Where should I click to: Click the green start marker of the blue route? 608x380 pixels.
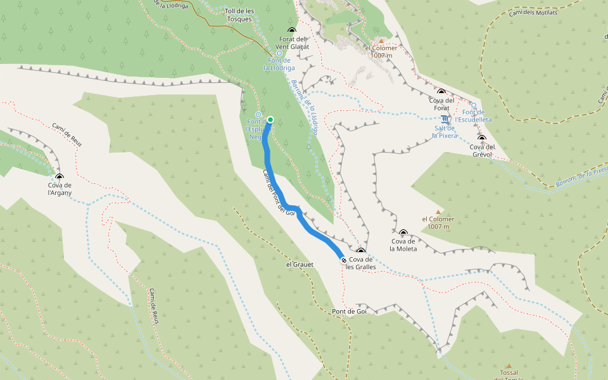pos(270,120)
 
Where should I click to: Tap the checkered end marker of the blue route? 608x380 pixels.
pos(343,260)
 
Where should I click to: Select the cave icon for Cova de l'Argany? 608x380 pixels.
pos(60,177)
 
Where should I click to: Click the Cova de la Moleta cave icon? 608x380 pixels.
pos(403,233)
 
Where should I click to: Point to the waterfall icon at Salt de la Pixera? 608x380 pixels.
pos(446,119)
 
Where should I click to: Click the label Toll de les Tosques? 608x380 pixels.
pos(239,15)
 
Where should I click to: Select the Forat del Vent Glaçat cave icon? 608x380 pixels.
pos(292,30)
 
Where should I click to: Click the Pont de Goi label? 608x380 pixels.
pos(349,312)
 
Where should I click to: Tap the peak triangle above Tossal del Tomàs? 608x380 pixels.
pos(508,365)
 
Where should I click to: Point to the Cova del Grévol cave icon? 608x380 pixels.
pos(482,138)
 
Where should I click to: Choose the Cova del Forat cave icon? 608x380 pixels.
pos(441,92)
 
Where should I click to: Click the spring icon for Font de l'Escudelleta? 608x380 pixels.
pos(473,105)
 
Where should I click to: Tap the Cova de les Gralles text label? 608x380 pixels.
pos(360,263)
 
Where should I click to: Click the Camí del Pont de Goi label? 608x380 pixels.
pos(278,193)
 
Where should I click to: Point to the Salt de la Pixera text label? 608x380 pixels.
pos(445,132)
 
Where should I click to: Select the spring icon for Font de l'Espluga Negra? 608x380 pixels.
pos(258,114)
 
